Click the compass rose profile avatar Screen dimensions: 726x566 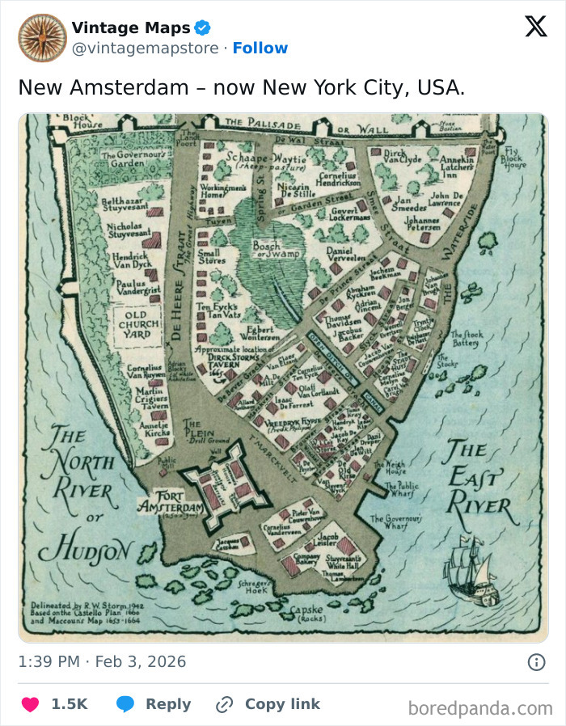42,37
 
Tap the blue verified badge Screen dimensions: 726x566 203,28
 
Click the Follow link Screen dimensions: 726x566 260,49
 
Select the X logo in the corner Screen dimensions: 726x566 535,27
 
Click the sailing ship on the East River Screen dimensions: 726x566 470,570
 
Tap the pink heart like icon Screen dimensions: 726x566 30,704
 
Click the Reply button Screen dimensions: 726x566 154,704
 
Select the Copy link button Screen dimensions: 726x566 268,704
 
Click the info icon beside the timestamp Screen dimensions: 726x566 536,662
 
